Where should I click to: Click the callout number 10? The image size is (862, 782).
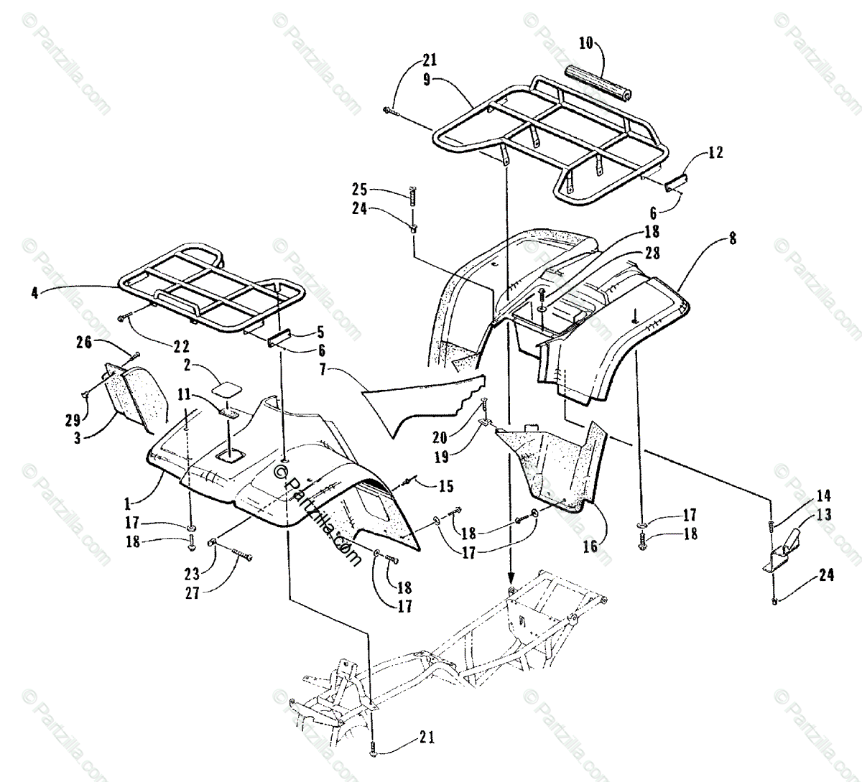(585, 43)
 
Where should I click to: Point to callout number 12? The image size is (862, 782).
(715, 152)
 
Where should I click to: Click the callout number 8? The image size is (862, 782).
(732, 240)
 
